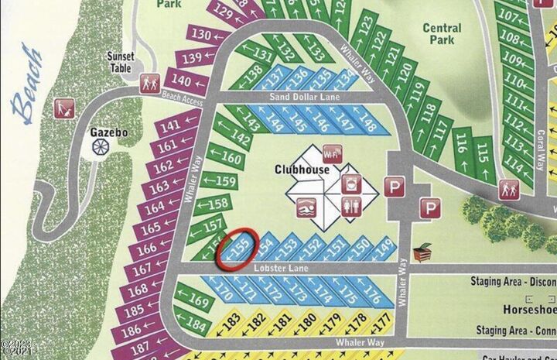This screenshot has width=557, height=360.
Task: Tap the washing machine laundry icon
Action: (x=350, y=184)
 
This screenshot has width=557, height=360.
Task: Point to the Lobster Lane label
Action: (x=282, y=268)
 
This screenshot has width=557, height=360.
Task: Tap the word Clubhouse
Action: (x=299, y=168)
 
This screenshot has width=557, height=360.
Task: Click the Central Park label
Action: (x=442, y=34)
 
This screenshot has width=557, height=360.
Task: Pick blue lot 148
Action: (x=366, y=124)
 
